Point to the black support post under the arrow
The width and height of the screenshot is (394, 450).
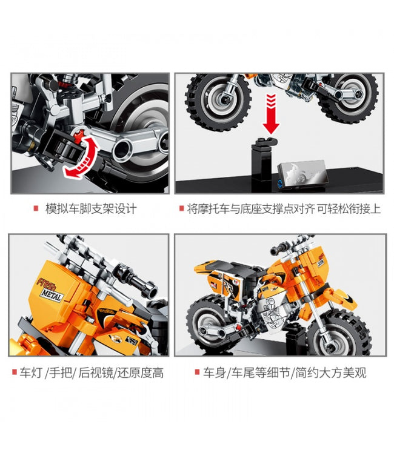262,162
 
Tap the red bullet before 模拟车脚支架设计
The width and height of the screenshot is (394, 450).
36,208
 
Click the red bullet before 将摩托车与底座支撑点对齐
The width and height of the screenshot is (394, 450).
181,208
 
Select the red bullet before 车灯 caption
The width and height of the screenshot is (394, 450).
15,372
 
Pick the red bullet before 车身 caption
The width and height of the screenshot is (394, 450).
197,372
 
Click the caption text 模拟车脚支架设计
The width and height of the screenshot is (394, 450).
91,208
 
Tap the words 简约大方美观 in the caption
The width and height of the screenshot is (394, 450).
330,373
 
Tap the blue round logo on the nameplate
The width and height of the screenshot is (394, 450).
279,183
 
